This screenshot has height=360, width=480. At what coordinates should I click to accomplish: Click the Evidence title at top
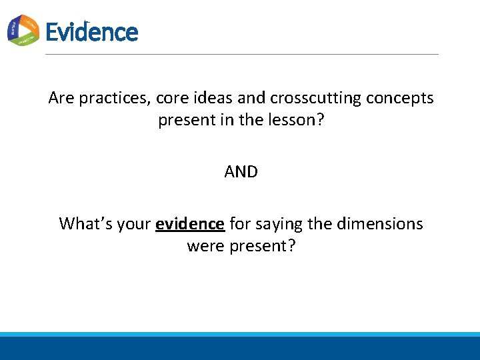(91, 32)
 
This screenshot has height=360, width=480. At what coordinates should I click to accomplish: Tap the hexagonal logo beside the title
(23, 30)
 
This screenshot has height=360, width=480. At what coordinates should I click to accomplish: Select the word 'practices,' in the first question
(115, 98)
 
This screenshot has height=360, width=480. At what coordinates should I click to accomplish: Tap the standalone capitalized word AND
(241, 172)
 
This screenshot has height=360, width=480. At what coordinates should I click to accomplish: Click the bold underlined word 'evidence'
(189, 223)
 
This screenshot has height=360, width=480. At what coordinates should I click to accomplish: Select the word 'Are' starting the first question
(61, 98)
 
